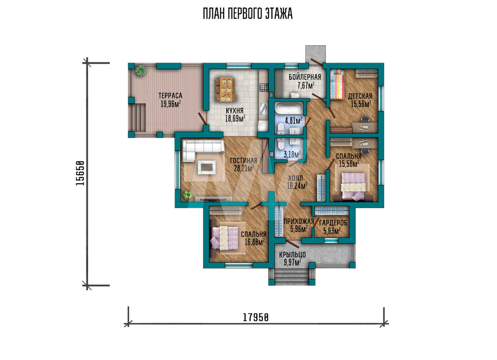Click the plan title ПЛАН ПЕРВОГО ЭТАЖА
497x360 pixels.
[248, 14]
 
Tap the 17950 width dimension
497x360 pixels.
[256, 317]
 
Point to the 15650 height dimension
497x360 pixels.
[80, 173]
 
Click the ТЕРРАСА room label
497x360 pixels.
[170, 95]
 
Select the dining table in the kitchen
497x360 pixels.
[226, 89]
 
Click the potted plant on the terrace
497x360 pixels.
[140, 71]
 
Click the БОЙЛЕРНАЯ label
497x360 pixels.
[305, 77]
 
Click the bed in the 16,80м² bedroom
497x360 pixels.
[225, 238]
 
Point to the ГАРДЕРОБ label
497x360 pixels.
[333, 223]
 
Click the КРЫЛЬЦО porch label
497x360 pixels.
[293, 254]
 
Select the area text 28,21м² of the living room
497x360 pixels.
[244, 168]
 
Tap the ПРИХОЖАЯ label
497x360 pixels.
[299, 221]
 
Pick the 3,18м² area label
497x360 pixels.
[292, 155]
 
